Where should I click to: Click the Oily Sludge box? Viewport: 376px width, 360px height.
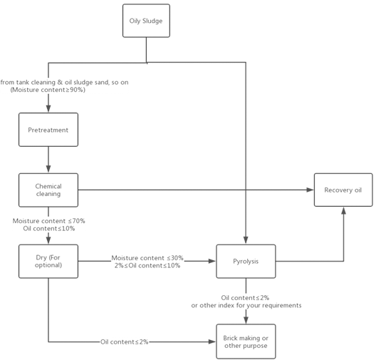click(146, 21)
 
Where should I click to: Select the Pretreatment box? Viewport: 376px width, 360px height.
click(48, 130)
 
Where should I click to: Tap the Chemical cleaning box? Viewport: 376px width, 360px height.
click(48, 190)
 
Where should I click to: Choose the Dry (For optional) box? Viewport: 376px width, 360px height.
click(48, 262)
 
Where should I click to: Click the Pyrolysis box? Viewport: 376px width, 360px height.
click(246, 262)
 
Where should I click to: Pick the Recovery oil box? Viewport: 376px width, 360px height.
click(343, 190)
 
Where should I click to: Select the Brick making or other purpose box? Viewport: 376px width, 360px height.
click(246, 341)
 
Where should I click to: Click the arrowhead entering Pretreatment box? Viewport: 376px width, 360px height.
click(48, 109)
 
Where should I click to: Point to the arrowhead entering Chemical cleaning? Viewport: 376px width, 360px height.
click(48, 169)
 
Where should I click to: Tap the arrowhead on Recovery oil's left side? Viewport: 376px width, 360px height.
click(310, 190)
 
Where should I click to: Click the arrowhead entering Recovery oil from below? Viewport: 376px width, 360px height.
click(344, 211)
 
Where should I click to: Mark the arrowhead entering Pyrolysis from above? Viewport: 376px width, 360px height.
click(246, 240)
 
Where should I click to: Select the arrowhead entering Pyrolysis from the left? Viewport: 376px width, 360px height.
click(212, 261)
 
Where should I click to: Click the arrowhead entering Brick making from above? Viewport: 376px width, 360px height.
click(246, 320)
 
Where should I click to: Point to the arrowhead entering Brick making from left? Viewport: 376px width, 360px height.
click(212, 341)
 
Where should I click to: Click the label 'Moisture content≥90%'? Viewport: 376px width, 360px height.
click(48, 90)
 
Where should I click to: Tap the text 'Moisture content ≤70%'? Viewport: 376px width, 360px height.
click(49, 221)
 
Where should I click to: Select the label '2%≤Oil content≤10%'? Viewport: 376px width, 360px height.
click(147, 265)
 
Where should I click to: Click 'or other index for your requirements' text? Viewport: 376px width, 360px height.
click(246, 306)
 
